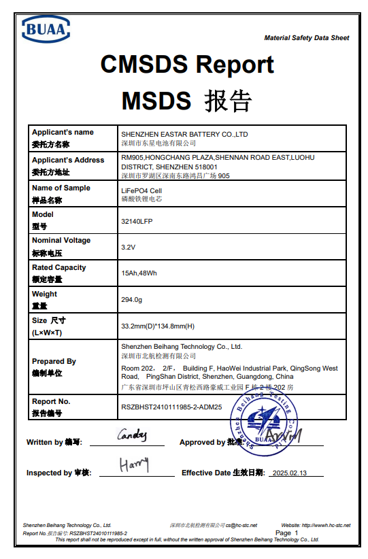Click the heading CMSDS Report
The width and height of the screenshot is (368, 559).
click(x=187, y=65)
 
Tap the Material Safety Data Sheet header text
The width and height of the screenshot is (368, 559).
click(x=306, y=38)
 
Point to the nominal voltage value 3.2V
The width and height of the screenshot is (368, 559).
click(x=128, y=247)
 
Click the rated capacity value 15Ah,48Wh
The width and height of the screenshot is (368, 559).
click(x=139, y=273)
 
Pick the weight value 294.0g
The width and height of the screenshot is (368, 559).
click(x=131, y=300)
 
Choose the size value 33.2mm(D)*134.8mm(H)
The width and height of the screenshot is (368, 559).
click(x=158, y=326)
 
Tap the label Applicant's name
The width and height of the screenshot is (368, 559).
click(x=63, y=132)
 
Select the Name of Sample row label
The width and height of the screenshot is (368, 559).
click(x=61, y=188)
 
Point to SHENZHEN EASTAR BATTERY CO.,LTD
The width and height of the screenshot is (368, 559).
click(x=184, y=135)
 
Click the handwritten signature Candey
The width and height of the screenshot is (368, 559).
click(x=131, y=435)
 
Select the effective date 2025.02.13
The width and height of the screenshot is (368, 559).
click(x=289, y=473)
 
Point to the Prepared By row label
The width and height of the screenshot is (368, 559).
click(x=54, y=361)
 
